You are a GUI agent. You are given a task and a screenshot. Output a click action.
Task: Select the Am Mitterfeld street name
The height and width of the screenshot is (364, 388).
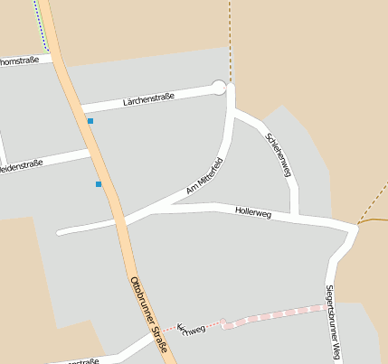(204, 176)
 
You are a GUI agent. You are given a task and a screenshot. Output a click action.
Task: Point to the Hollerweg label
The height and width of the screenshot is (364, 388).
(253, 213)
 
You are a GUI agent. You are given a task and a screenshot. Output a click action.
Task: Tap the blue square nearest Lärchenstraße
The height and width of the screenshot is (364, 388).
(90, 120)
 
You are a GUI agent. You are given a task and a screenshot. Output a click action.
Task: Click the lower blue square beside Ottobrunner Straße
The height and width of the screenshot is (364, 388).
(99, 184)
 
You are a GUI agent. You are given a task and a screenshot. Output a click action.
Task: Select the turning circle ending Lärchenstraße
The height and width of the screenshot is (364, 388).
(218, 87)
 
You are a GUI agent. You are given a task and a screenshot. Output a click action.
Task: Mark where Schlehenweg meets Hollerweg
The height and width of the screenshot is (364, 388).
(295, 217)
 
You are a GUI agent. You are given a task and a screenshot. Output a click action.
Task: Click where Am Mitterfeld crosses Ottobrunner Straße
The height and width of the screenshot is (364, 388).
(116, 219)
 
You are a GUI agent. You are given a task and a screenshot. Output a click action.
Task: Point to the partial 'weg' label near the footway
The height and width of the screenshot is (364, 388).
(193, 329)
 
